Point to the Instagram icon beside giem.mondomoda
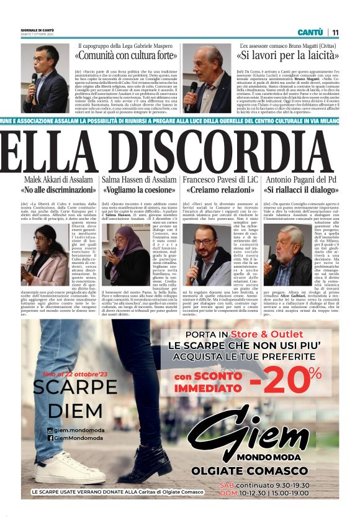[x=50, y=430]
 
